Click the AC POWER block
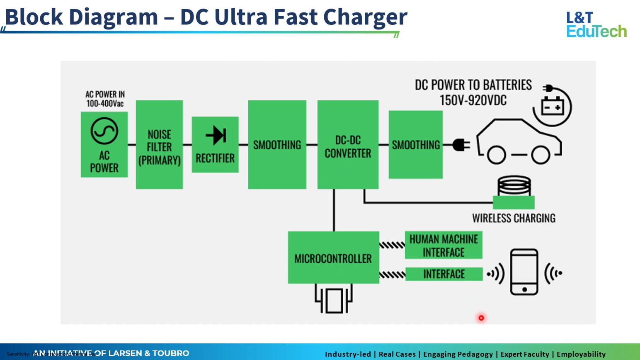click(104, 144)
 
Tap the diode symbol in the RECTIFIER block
click(216, 135)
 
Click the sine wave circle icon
click(104, 131)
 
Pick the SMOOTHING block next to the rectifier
click(277, 144)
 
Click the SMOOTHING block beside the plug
click(415, 144)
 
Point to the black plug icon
click(461, 145)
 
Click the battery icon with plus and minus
click(553, 106)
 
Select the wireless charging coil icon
click(514, 185)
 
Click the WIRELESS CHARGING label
click(514, 218)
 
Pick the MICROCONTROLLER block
click(333, 258)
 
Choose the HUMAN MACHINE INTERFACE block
click(444, 245)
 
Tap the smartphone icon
click(524, 272)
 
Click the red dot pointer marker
click(481, 318)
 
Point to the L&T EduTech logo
click(596, 24)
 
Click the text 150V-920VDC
click(473, 100)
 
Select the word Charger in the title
click(365, 17)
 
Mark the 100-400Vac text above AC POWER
click(105, 103)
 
